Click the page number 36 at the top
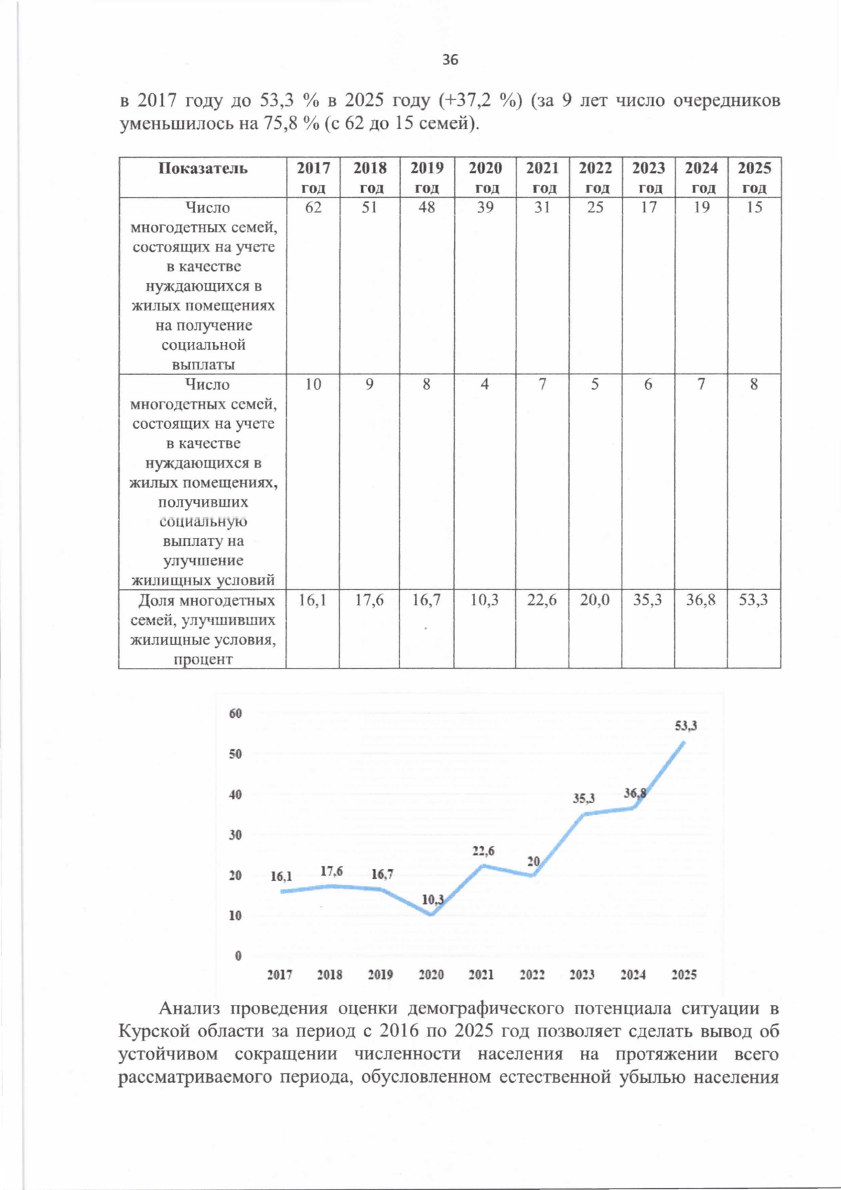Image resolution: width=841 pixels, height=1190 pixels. (x=450, y=60)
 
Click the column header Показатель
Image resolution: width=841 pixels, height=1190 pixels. (x=203, y=168)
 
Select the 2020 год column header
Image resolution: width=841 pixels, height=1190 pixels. (x=485, y=178)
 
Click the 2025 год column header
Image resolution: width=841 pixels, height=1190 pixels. (x=754, y=178)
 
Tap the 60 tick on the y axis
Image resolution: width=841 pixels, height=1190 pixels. (x=235, y=713)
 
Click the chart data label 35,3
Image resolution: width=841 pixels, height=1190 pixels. (x=584, y=798)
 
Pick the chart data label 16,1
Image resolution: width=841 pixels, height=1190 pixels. (x=281, y=877)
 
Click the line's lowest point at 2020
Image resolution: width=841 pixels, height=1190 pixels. (x=432, y=915)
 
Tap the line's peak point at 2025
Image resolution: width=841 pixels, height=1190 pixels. (x=684, y=741)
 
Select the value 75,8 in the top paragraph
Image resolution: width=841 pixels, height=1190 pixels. (x=278, y=124)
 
